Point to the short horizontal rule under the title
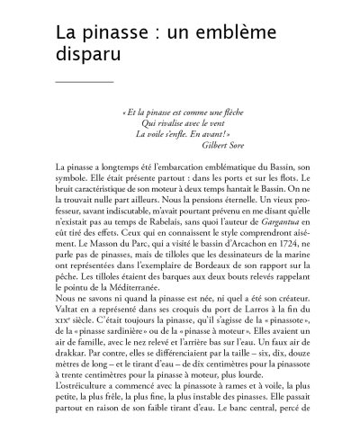coord(85,82)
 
